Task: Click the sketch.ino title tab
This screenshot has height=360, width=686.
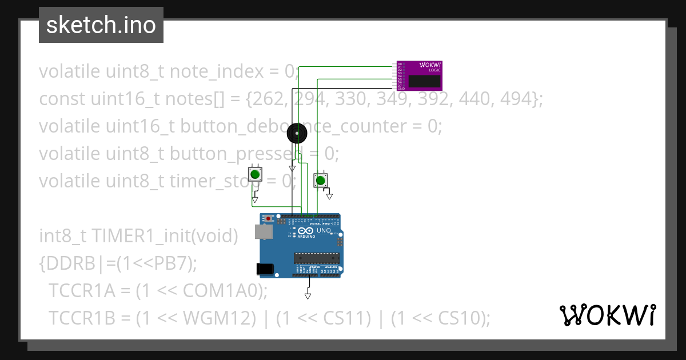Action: pyautogui.click(x=101, y=25)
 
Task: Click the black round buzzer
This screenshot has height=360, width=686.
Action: pyautogui.click(x=296, y=134)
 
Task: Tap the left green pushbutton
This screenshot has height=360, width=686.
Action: pyautogui.click(x=254, y=173)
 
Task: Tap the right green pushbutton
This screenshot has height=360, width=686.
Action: pyautogui.click(x=321, y=181)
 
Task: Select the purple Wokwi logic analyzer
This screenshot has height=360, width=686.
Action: pyautogui.click(x=420, y=75)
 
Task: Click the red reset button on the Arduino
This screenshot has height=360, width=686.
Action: pyautogui.click(x=269, y=218)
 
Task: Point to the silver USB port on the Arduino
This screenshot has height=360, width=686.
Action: pyautogui.click(x=263, y=231)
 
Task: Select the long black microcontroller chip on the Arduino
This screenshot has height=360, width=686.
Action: pyautogui.click(x=317, y=258)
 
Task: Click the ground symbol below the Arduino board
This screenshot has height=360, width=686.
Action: pyautogui.click(x=308, y=295)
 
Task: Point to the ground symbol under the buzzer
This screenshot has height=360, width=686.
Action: pyautogui.click(x=292, y=169)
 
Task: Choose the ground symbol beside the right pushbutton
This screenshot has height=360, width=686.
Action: pyautogui.click(x=329, y=197)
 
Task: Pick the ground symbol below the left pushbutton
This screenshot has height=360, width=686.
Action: pyautogui.click(x=255, y=200)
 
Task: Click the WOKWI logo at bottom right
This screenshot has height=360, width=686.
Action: pyautogui.click(x=608, y=315)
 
